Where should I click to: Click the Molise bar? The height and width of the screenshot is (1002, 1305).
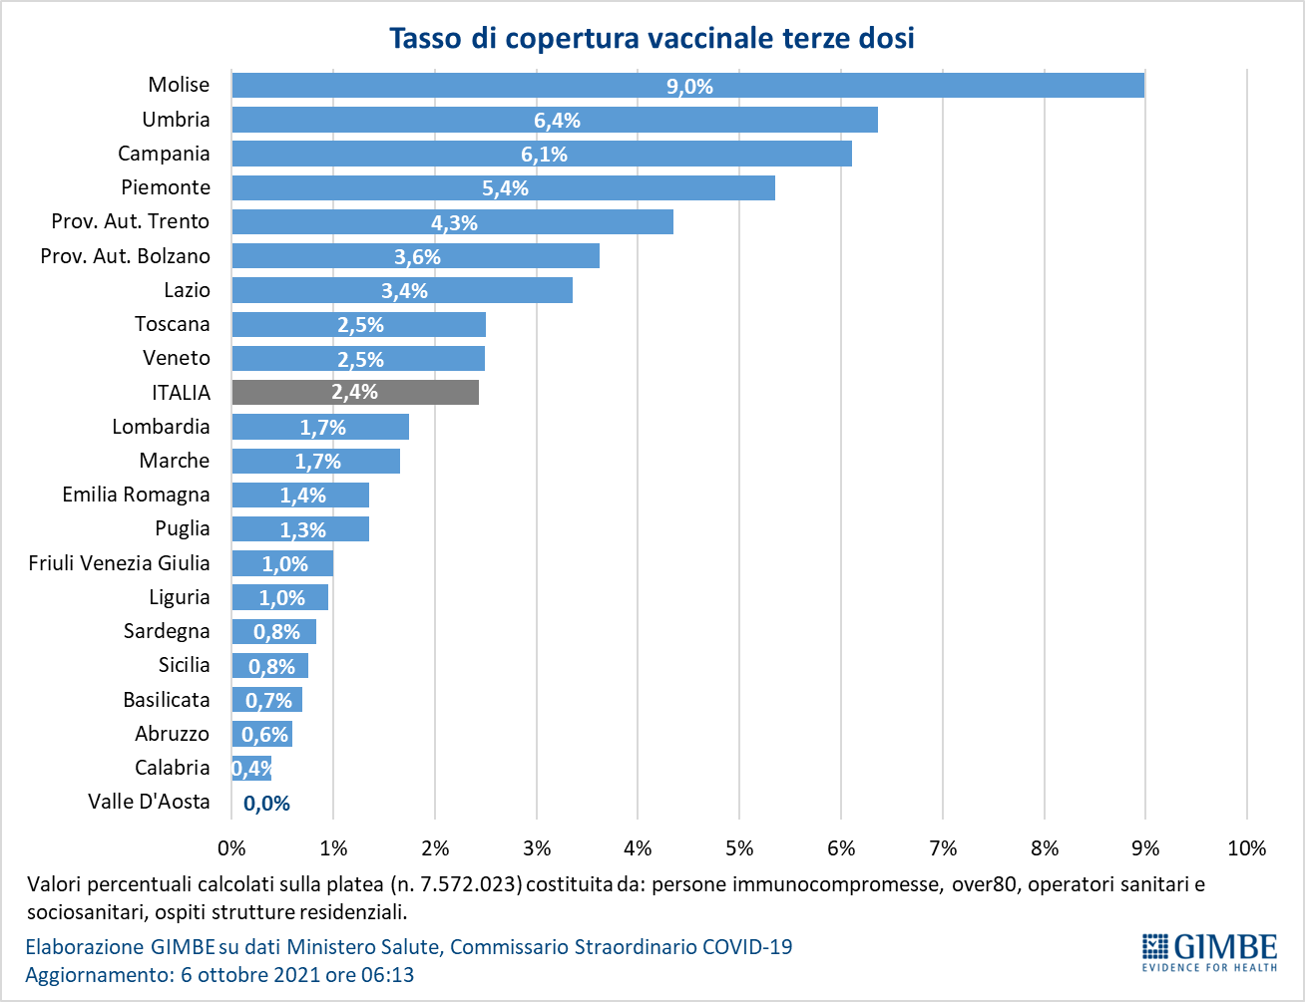[688, 85]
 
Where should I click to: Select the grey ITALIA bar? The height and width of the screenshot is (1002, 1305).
[355, 393]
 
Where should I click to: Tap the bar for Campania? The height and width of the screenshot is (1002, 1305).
[542, 154]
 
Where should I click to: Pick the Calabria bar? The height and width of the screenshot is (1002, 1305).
[251, 769]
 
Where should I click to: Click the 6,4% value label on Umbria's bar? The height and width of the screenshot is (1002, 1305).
[558, 121]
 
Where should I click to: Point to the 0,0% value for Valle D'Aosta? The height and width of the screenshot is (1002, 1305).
[266, 804]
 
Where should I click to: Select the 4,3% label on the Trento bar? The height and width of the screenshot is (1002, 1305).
[454, 223]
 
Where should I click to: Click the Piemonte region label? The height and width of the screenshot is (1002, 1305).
[166, 187]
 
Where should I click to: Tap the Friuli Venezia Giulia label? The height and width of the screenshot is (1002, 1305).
[119, 563]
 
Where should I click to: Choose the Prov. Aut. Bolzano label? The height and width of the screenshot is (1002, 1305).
[125, 256]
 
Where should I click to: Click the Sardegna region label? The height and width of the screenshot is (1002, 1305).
[167, 631]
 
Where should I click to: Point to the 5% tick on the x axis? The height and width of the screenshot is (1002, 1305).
[739, 848]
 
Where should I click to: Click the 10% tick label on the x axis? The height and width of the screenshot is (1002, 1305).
[1247, 848]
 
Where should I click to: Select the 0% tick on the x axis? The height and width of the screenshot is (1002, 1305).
[231, 848]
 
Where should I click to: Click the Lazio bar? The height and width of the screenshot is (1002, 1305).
[402, 290]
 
